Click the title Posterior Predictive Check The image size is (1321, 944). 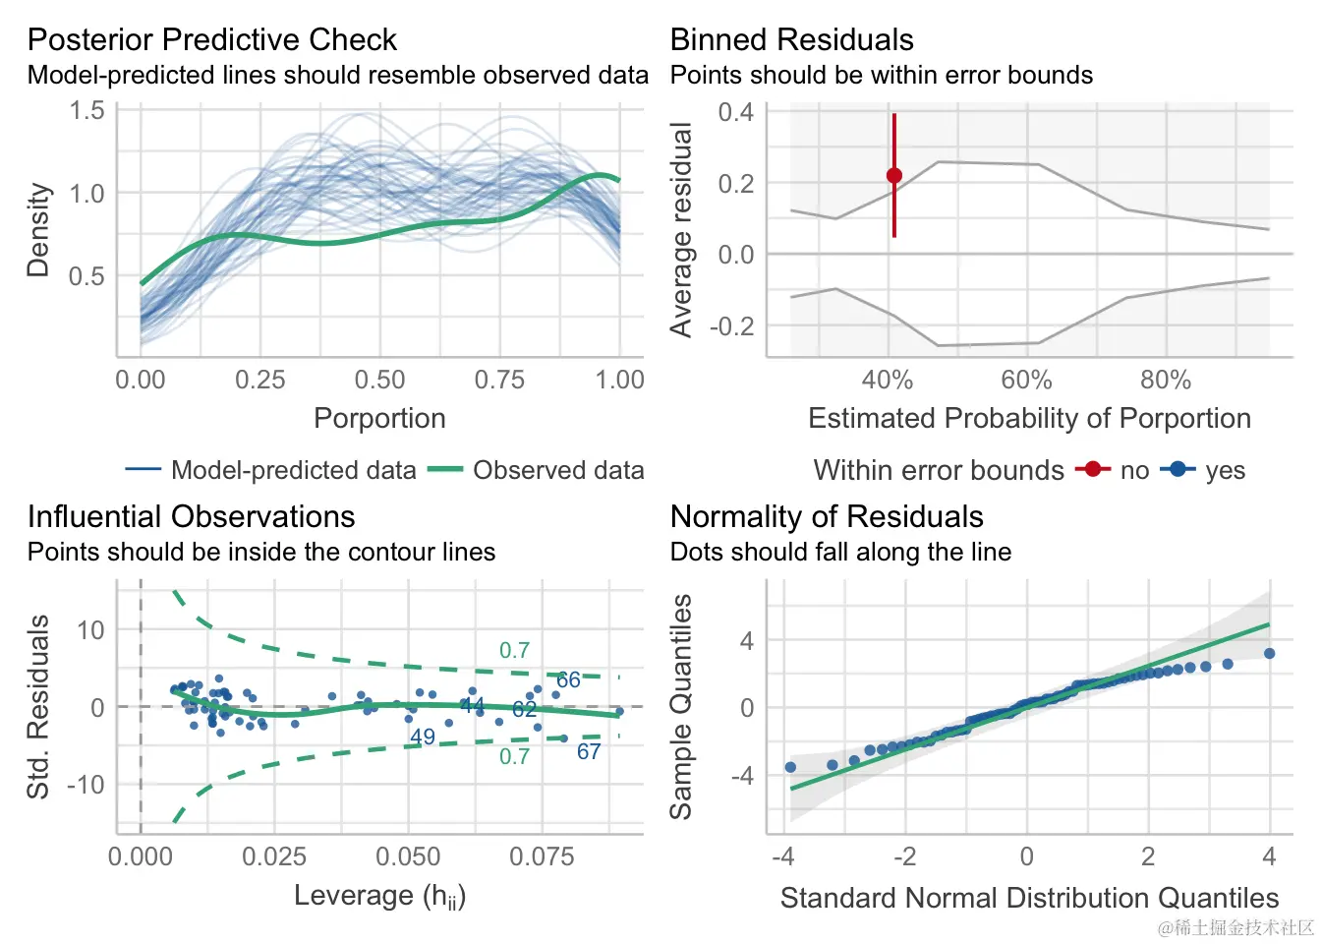(x=211, y=39)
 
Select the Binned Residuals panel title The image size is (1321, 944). (x=791, y=39)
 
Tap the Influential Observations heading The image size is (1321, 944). (x=191, y=516)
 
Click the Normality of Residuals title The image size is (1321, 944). (x=826, y=516)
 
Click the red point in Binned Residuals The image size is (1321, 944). (x=894, y=176)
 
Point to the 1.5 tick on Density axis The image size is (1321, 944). (x=86, y=110)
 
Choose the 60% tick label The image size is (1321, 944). (x=1026, y=380)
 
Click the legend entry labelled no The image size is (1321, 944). (x=1134, y=470)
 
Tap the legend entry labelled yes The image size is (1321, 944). (x=1225, y=470)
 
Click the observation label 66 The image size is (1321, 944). (x=568, y=679)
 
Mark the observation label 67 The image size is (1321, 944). (x=589, y=752)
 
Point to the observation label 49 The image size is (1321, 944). (x=423, y=737)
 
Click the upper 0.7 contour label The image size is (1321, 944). (x=514, y=650)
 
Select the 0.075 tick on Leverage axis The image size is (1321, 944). (x=542, y=856)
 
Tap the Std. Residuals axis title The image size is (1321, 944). (x=38, y=706)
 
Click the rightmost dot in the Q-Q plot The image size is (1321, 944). (x=1269, y=654)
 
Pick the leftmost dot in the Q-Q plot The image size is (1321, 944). (x=790, y=767)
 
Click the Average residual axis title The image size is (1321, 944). (x=681, y=230)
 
